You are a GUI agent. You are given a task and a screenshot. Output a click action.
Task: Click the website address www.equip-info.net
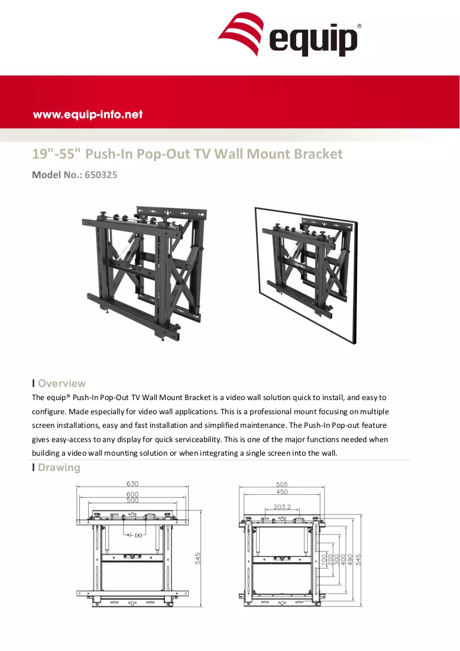point(88,115)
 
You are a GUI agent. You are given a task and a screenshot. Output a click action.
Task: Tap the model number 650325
point(101,175)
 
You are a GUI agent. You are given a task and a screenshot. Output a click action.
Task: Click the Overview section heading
point(62,383)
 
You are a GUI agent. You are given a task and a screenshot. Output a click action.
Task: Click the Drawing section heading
point(59,468)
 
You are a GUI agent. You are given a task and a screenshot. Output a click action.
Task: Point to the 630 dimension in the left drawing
point(132,484)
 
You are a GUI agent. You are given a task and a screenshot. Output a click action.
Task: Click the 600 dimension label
point(132,494)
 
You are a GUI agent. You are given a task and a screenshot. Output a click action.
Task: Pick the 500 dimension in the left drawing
point(132,500)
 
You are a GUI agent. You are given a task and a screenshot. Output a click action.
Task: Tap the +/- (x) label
point(134,535)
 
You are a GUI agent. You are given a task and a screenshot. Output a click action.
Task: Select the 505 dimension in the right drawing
point(282,484)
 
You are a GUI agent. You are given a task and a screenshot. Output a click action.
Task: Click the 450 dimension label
point(282,492)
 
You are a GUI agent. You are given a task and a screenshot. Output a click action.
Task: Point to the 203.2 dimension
point(282,507)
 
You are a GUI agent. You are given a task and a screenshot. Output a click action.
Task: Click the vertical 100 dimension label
point(325,560)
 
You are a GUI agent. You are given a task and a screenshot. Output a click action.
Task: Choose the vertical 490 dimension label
point(349,560)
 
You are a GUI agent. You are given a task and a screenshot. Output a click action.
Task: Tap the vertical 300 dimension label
point(337,560)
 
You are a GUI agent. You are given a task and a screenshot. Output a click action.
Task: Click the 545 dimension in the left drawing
point(198,558)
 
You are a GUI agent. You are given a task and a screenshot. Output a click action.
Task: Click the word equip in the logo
point(313,40)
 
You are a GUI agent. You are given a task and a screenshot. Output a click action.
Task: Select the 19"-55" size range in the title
point(56,154)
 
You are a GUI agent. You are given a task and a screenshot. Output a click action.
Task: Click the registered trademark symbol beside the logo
point(359,25)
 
